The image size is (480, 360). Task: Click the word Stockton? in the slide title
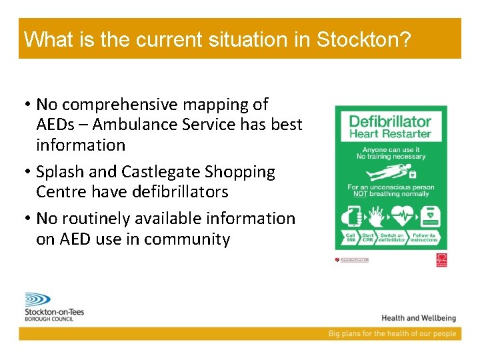click(363, 39)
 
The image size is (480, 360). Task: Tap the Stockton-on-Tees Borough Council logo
click(53, 307)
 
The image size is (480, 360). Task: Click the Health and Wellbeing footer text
click(419, 318)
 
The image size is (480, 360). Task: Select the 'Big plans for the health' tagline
click(392, 333)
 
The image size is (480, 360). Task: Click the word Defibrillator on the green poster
click(391, 121)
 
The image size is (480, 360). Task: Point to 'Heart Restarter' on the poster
click(391, 134)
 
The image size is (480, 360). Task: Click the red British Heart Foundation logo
click(441, 260)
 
